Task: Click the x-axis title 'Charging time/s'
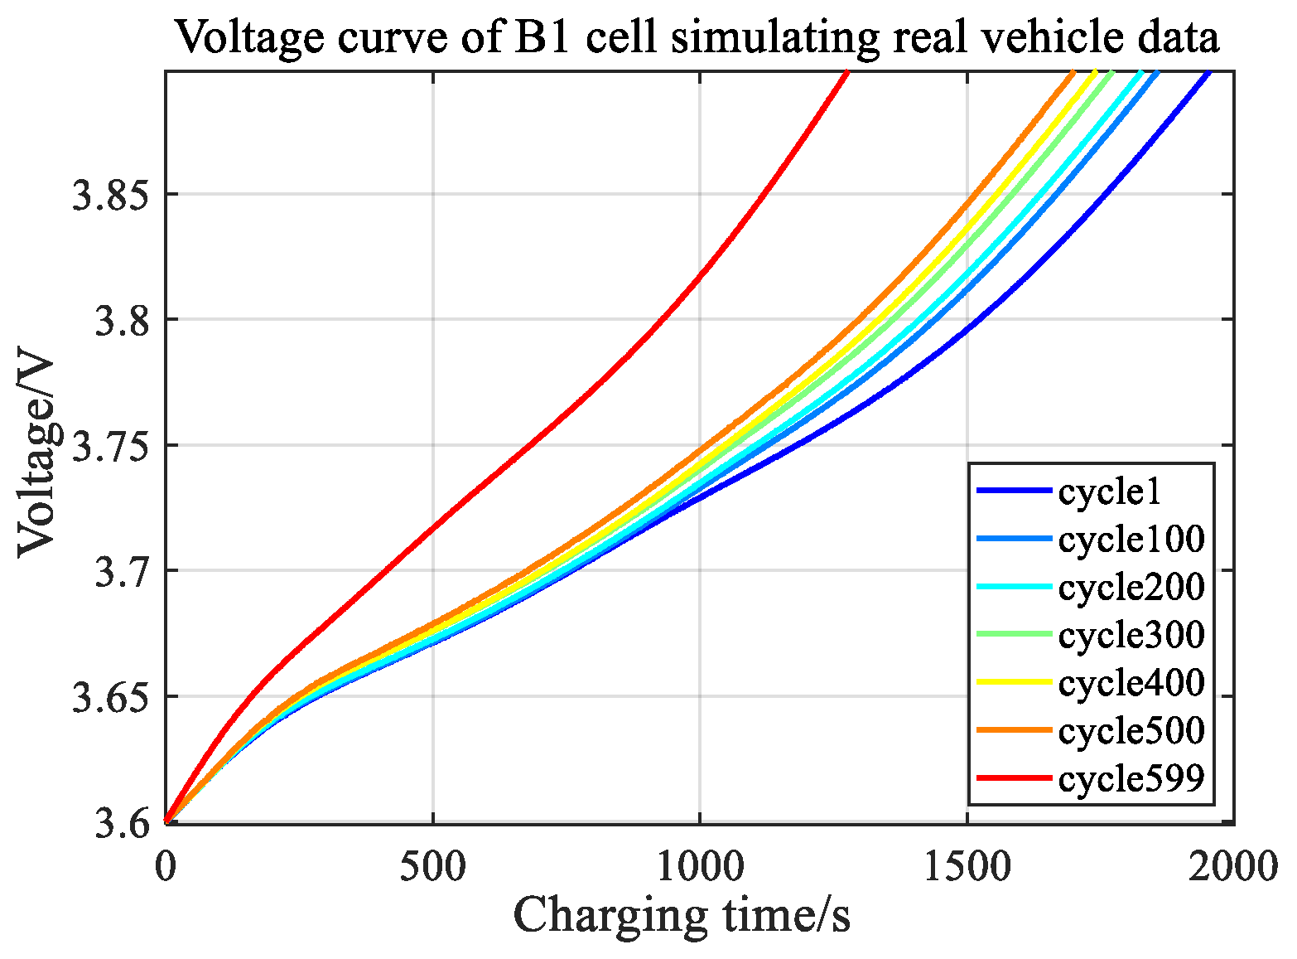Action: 682,916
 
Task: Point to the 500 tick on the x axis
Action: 433,866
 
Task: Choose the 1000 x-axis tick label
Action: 700,866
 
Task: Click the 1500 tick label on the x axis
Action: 967,866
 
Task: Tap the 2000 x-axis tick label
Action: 1233,866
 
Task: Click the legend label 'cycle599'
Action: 1131,778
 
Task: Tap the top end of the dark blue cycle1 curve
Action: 1209,74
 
